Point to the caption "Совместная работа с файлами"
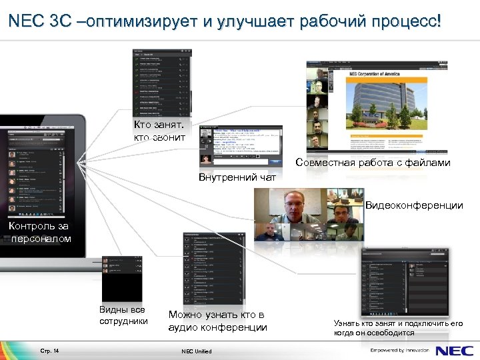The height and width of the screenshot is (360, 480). click(x=373, y=162)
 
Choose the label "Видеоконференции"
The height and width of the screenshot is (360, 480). click(x=414, y=205)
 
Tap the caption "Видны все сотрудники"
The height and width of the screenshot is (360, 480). click(x=123, y=315)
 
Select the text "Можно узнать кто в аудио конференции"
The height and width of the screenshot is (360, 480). click(x=217, y=321)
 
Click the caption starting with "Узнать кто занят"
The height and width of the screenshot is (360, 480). click(x=398, y=327)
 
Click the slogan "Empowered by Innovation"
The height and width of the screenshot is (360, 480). click(x=400, y=350)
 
